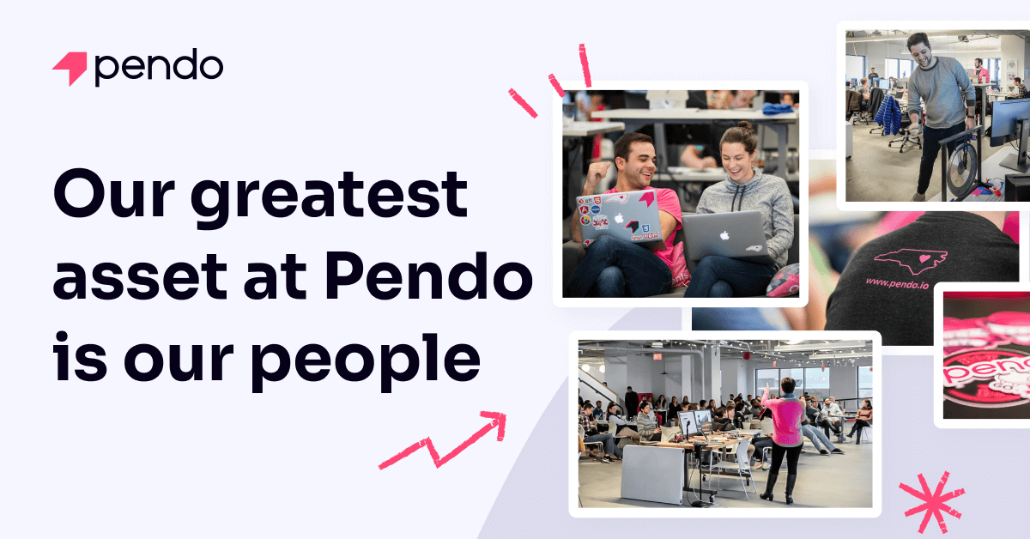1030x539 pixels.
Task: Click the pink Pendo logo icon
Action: click(70, 68)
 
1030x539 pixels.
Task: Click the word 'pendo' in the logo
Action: click(159, 67)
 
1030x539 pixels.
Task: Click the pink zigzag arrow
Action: click(445, 439)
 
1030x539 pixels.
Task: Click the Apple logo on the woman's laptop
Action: click(724, 233)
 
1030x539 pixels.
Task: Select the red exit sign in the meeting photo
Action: click(657, 356)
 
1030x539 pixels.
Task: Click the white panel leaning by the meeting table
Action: click(651, 474)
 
